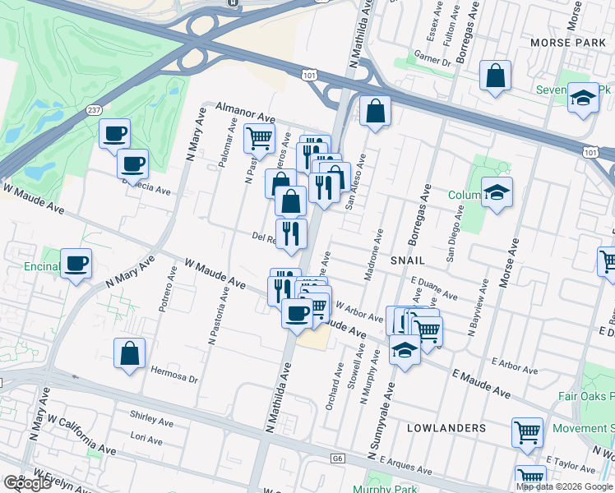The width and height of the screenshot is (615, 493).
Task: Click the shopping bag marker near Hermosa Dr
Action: click(x=130, y=354)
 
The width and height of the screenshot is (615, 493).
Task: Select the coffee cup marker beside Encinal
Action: click(x=76, y=264)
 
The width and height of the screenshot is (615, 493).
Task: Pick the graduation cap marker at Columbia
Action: click(x=497, y=193)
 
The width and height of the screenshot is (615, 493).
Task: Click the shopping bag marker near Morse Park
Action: click(x=495, y=76)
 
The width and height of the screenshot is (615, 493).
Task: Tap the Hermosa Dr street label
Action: click(x=174, y=374)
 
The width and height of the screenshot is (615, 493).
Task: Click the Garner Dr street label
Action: click(x=433, y=61)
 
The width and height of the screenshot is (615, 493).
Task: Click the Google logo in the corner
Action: click(x=27, y=482)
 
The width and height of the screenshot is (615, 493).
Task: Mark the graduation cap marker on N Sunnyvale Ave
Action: click(x=404, y=351)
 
